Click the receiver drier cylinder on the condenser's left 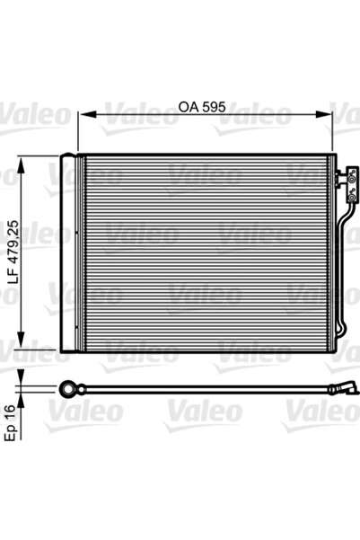(x=68, y=253)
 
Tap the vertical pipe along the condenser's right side (x=342, y=270)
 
